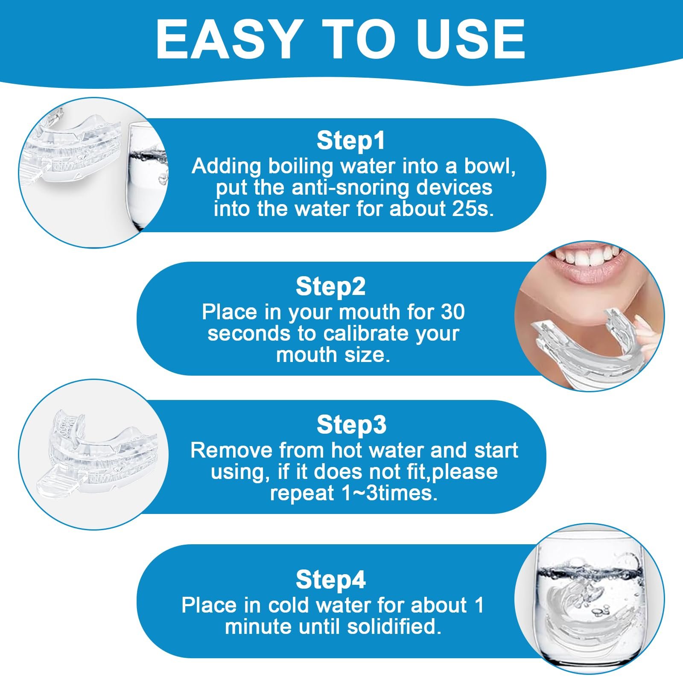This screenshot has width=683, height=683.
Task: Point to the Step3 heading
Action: tap(351, 424)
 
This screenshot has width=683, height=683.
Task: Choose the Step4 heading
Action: tap(331, 579)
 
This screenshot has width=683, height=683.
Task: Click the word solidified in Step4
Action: tap(394, 627)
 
